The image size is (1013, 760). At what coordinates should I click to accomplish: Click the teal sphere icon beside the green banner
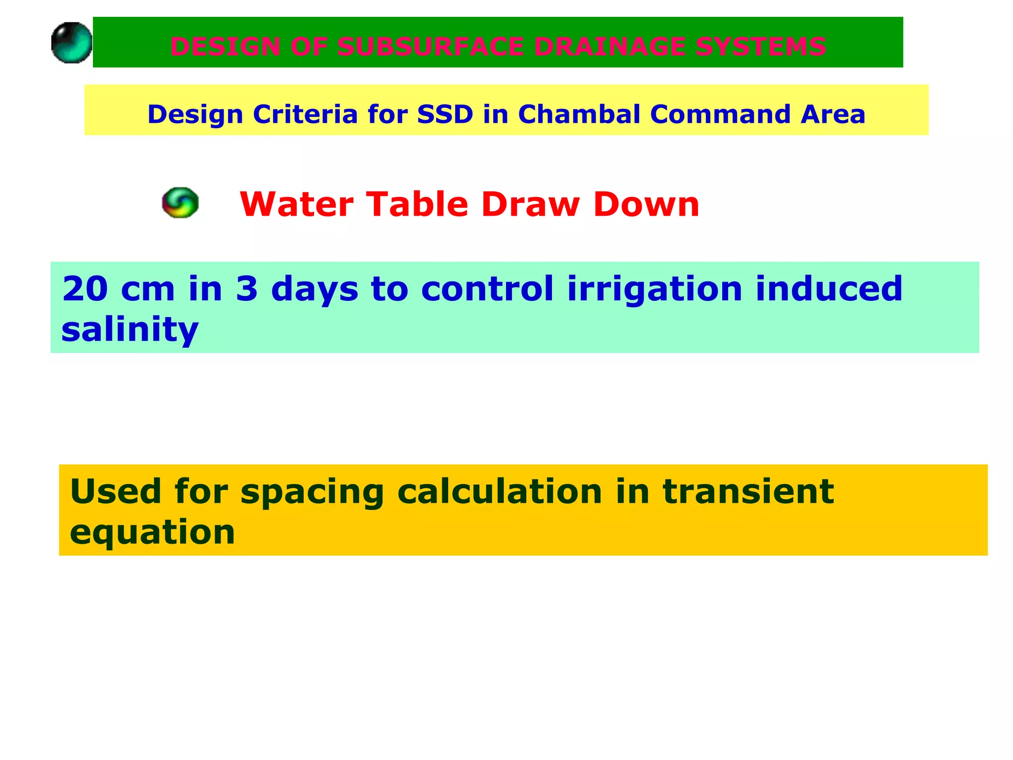pyautogui.click(x=72, y=43)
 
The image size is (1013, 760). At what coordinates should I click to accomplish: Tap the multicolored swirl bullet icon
pyautogui.click(x=181, y=202)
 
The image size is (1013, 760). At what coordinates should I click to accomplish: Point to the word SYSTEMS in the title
pyautogui.click(x=761, y=47)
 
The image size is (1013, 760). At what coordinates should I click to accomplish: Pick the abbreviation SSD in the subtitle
pyautogui.click(x=445, y=114)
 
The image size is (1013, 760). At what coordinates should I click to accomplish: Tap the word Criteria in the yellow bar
pyautogui.click(x=305, y=114)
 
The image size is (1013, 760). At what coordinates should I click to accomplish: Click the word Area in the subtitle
pyautogui.click(x=833, y=114)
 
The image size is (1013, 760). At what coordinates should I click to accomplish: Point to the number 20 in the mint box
pyautogui.click(x=85, y=289)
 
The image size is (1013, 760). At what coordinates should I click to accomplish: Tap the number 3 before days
pyautogui.click(x=246, y=289)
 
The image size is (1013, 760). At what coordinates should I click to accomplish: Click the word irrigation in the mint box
pyautogui.click(x=654, y=290)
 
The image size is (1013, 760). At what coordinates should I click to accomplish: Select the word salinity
pyautogui.click(x=130, y=330)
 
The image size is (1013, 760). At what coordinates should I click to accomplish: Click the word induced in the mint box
pyautogui.click(x=829, y=289)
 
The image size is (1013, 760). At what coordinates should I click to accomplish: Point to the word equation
pyautogui.click(x=152, y=533)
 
